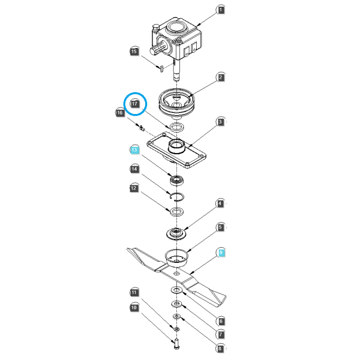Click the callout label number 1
(x=221, y=10)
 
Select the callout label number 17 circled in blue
(x=134, y=104)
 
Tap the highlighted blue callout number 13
(x=134, y=150)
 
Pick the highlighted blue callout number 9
(x=221, y=253)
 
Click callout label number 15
(x=134, y=52)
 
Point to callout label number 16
(x=119, y=113)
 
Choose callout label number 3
(x=220, y=122)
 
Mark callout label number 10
(x=134, y=308)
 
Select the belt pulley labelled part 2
(x=176, y=103)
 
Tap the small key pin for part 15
(x=161, y=69)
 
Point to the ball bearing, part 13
(x=177, y=180)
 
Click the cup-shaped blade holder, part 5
(x=176, y=258)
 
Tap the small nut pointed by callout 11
(x=176, y=329)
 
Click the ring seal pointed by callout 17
(x=177, y=127)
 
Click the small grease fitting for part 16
(x=142, y=128)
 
